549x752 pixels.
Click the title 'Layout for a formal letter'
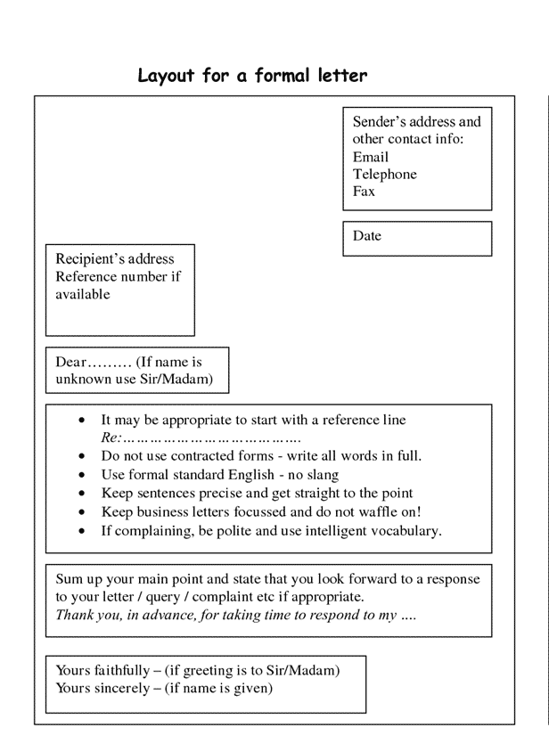click(251, 76)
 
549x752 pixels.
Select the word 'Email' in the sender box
click(371, 158)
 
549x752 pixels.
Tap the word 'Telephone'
click(384, 175)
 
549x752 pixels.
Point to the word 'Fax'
click(364, 192)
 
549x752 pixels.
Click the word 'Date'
click(366, 236)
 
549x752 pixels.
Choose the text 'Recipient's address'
click(115, 259)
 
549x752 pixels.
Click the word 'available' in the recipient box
click(83, 294)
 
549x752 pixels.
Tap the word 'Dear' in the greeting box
click(70, 363)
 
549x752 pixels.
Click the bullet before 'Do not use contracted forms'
click(82, 456)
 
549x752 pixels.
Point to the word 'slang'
click(321, 475)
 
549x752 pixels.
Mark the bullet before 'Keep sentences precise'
click(82, 494)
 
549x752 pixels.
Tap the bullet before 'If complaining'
click(82, 531)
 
